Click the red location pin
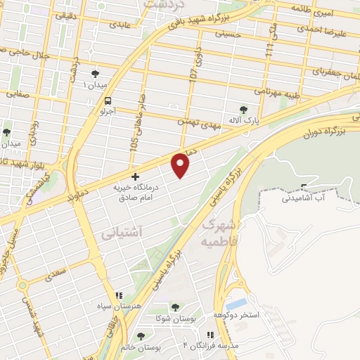coord(182,165)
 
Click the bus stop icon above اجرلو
coord(108,101)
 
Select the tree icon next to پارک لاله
coord(243,110)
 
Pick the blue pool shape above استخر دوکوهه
coord(238,303)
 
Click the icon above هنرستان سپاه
coord(119,296)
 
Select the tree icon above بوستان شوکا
coord(174,307)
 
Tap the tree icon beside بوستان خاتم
coord(141,336)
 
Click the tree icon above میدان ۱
coord(95,72)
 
